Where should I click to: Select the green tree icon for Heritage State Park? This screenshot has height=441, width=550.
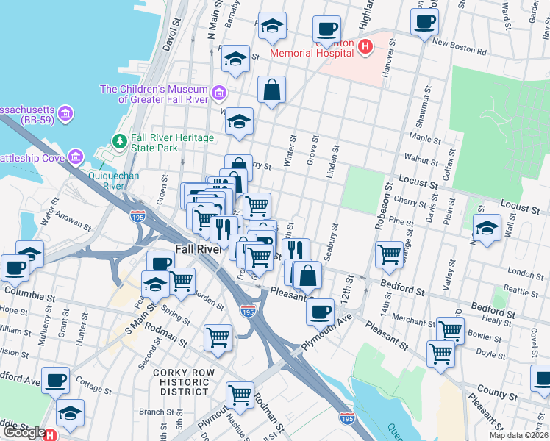click(119, 140)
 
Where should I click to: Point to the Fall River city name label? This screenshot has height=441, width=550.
click(198, 249)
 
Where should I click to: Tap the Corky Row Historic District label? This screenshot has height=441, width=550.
click(184, 382)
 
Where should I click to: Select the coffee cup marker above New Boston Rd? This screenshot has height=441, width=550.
click(424, 22)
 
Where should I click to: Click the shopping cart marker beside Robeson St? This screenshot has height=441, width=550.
click(389, 255)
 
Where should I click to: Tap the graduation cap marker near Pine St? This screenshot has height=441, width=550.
click(486, 229)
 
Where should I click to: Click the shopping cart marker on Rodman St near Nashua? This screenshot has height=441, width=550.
click(240, 395)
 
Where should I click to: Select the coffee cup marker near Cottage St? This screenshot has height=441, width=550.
click(55, 380)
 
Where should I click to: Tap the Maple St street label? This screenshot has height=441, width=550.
click(424, 137)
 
